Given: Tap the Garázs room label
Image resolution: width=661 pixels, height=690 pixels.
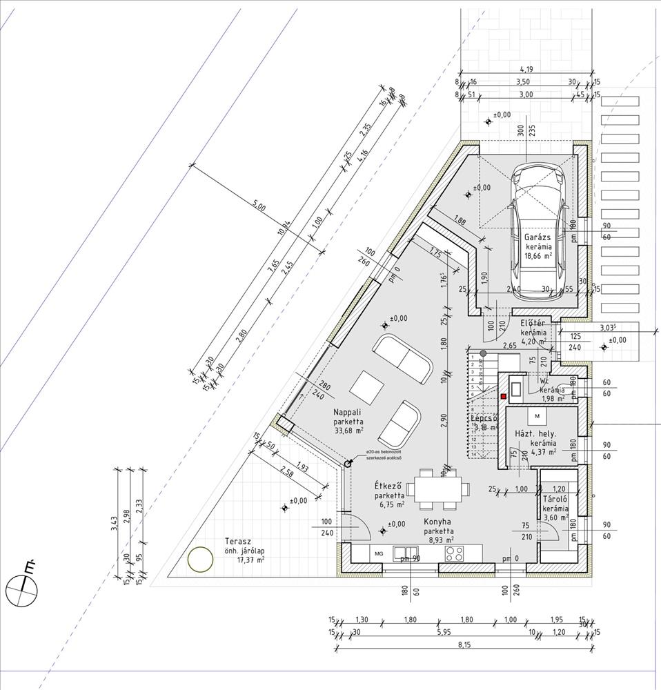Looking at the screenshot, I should pos(537,237).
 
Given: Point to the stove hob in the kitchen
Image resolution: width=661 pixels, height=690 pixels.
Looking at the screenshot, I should pos(455,553).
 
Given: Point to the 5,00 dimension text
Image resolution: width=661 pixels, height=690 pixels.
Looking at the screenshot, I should pos(259,205).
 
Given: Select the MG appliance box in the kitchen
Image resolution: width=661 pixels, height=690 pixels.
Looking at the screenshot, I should pos(378,553).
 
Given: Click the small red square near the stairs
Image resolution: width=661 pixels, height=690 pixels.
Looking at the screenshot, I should pos(504,396).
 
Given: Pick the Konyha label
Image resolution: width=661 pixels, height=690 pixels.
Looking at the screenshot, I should pos(438,522).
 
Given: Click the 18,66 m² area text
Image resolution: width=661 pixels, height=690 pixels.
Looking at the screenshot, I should pos(539,255).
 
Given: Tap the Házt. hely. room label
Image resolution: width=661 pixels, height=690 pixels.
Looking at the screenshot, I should pos(535,433).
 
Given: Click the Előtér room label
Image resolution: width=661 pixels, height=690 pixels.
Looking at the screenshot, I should pos(533,323).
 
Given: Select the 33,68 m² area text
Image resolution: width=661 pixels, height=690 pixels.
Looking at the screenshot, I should pos(348,431).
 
